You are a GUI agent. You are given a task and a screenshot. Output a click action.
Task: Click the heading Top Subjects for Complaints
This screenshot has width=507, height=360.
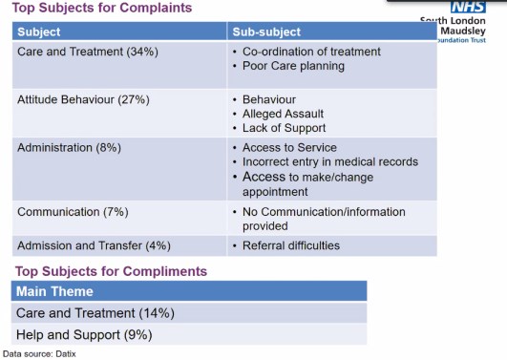[102, 9]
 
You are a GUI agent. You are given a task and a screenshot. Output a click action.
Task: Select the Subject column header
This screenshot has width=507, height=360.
[39, 32]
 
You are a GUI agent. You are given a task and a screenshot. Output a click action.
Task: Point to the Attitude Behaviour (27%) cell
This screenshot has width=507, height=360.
[83, 99]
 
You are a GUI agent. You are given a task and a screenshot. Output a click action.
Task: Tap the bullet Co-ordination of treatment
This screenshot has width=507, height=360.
[311, 52]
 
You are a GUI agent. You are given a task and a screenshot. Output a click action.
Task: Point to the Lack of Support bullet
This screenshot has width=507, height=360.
[285, 128]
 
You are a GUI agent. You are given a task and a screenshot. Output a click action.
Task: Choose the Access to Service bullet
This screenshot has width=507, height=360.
[289, 147]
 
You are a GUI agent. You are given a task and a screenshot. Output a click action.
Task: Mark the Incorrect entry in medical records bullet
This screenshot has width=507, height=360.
[330, 161]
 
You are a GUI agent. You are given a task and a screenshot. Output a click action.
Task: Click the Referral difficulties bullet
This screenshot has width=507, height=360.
[291, 245]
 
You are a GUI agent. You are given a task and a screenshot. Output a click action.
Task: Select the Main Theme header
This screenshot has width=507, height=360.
[54, 291]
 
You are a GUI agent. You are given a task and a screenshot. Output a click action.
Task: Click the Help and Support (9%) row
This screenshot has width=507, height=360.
[84, 334]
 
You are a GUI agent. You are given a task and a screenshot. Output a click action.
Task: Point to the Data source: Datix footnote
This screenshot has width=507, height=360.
[39, 354]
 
